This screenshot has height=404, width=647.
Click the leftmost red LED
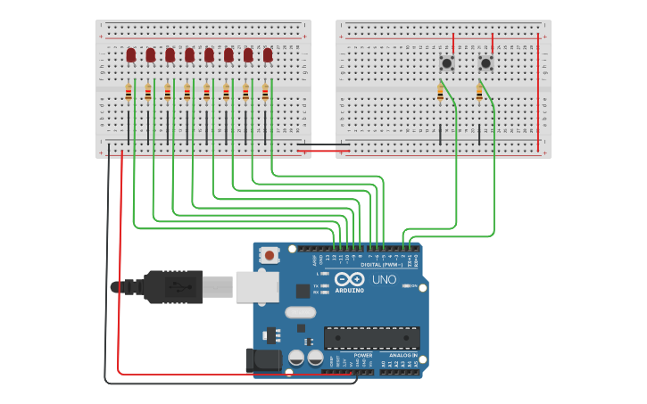[131, 55]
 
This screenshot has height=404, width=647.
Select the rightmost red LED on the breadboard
[268, 55]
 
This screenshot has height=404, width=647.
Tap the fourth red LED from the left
[189, 55]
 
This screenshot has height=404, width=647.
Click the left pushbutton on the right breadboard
[446, 62]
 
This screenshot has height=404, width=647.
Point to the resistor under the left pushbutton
[440, 92]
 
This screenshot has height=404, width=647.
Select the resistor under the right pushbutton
[479, 92]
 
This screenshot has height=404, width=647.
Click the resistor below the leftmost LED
[129, 92]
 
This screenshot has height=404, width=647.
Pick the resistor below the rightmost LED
[265, 92]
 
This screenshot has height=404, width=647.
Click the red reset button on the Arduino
[269, 255]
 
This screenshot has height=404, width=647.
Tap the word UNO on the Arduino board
[384, 280]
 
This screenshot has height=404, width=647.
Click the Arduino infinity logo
[348, 279]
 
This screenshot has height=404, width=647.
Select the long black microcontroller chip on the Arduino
[371, 338]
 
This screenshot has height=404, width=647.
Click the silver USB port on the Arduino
[257, 287]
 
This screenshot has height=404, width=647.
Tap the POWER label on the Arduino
[362, 355]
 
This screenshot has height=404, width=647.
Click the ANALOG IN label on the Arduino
[402, 355]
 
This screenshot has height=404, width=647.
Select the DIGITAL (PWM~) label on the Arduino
[382, 265]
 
